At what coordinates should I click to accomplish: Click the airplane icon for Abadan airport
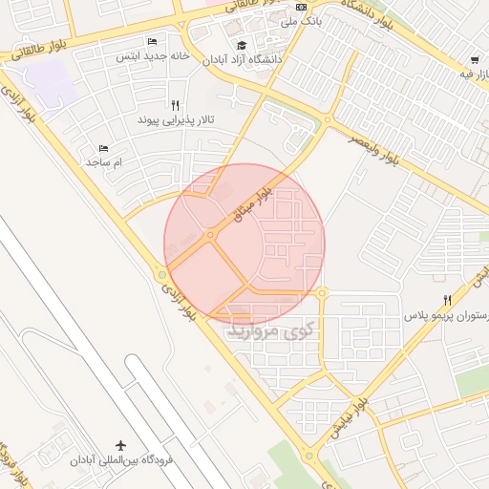pyautogui.click(x=120, y=445)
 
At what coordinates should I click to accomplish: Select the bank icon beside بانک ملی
pyautogui.click(x=302, y=7)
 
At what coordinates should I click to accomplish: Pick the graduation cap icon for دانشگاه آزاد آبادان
pyautogui.click(x=242, y=45)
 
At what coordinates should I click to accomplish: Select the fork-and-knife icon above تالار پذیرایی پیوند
pyautogui.click(x=174, y=105)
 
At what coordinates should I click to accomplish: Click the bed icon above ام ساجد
pyautogui.click(x=104, y=148)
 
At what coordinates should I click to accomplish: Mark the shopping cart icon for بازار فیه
pyautogui.click(x=475, y=59)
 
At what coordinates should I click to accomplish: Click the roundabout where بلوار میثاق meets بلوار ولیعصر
pyautogui.click(x=328, y=121)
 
